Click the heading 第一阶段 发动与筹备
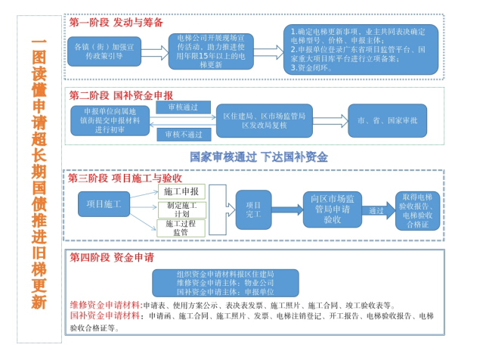tap(115, 23)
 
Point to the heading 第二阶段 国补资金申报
tap(120, 95)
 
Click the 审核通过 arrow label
tap(182, 109)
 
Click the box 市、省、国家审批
tap(386, 120)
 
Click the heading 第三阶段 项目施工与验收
tap(125, 179)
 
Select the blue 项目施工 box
tap(104, 203)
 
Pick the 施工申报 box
tap(181, 191)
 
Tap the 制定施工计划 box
tap(181, 209)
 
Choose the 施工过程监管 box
tap(181, 228)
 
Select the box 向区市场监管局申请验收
tap(331, 209)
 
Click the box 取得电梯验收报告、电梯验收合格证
tap(417, 210)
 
